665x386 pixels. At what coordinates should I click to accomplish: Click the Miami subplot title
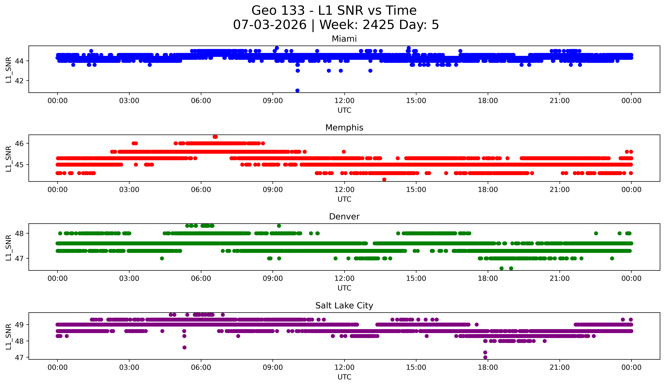pos(344,39)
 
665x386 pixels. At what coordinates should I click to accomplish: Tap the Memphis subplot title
pos(344,128)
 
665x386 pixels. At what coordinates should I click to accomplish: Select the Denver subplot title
pos(344,217)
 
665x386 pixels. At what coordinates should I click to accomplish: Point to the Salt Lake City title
pos(344,306)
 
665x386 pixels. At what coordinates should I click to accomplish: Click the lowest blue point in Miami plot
pos(297,90)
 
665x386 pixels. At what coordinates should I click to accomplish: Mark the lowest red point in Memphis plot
pos(384,179)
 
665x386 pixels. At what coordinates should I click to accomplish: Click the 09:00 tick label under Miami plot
pos(273,101)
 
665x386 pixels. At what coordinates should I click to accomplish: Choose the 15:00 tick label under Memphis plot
pos(416,190)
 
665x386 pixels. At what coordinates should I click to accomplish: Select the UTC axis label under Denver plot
pos(344,288)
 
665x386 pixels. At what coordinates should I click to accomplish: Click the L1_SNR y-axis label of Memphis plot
pos(8,159)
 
